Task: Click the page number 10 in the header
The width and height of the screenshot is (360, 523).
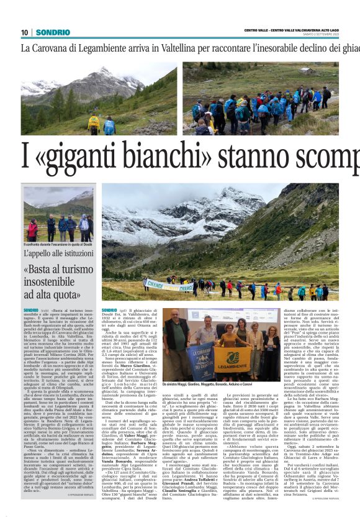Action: (24, 32)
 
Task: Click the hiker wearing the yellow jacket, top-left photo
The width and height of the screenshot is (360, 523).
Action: (94, 122)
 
